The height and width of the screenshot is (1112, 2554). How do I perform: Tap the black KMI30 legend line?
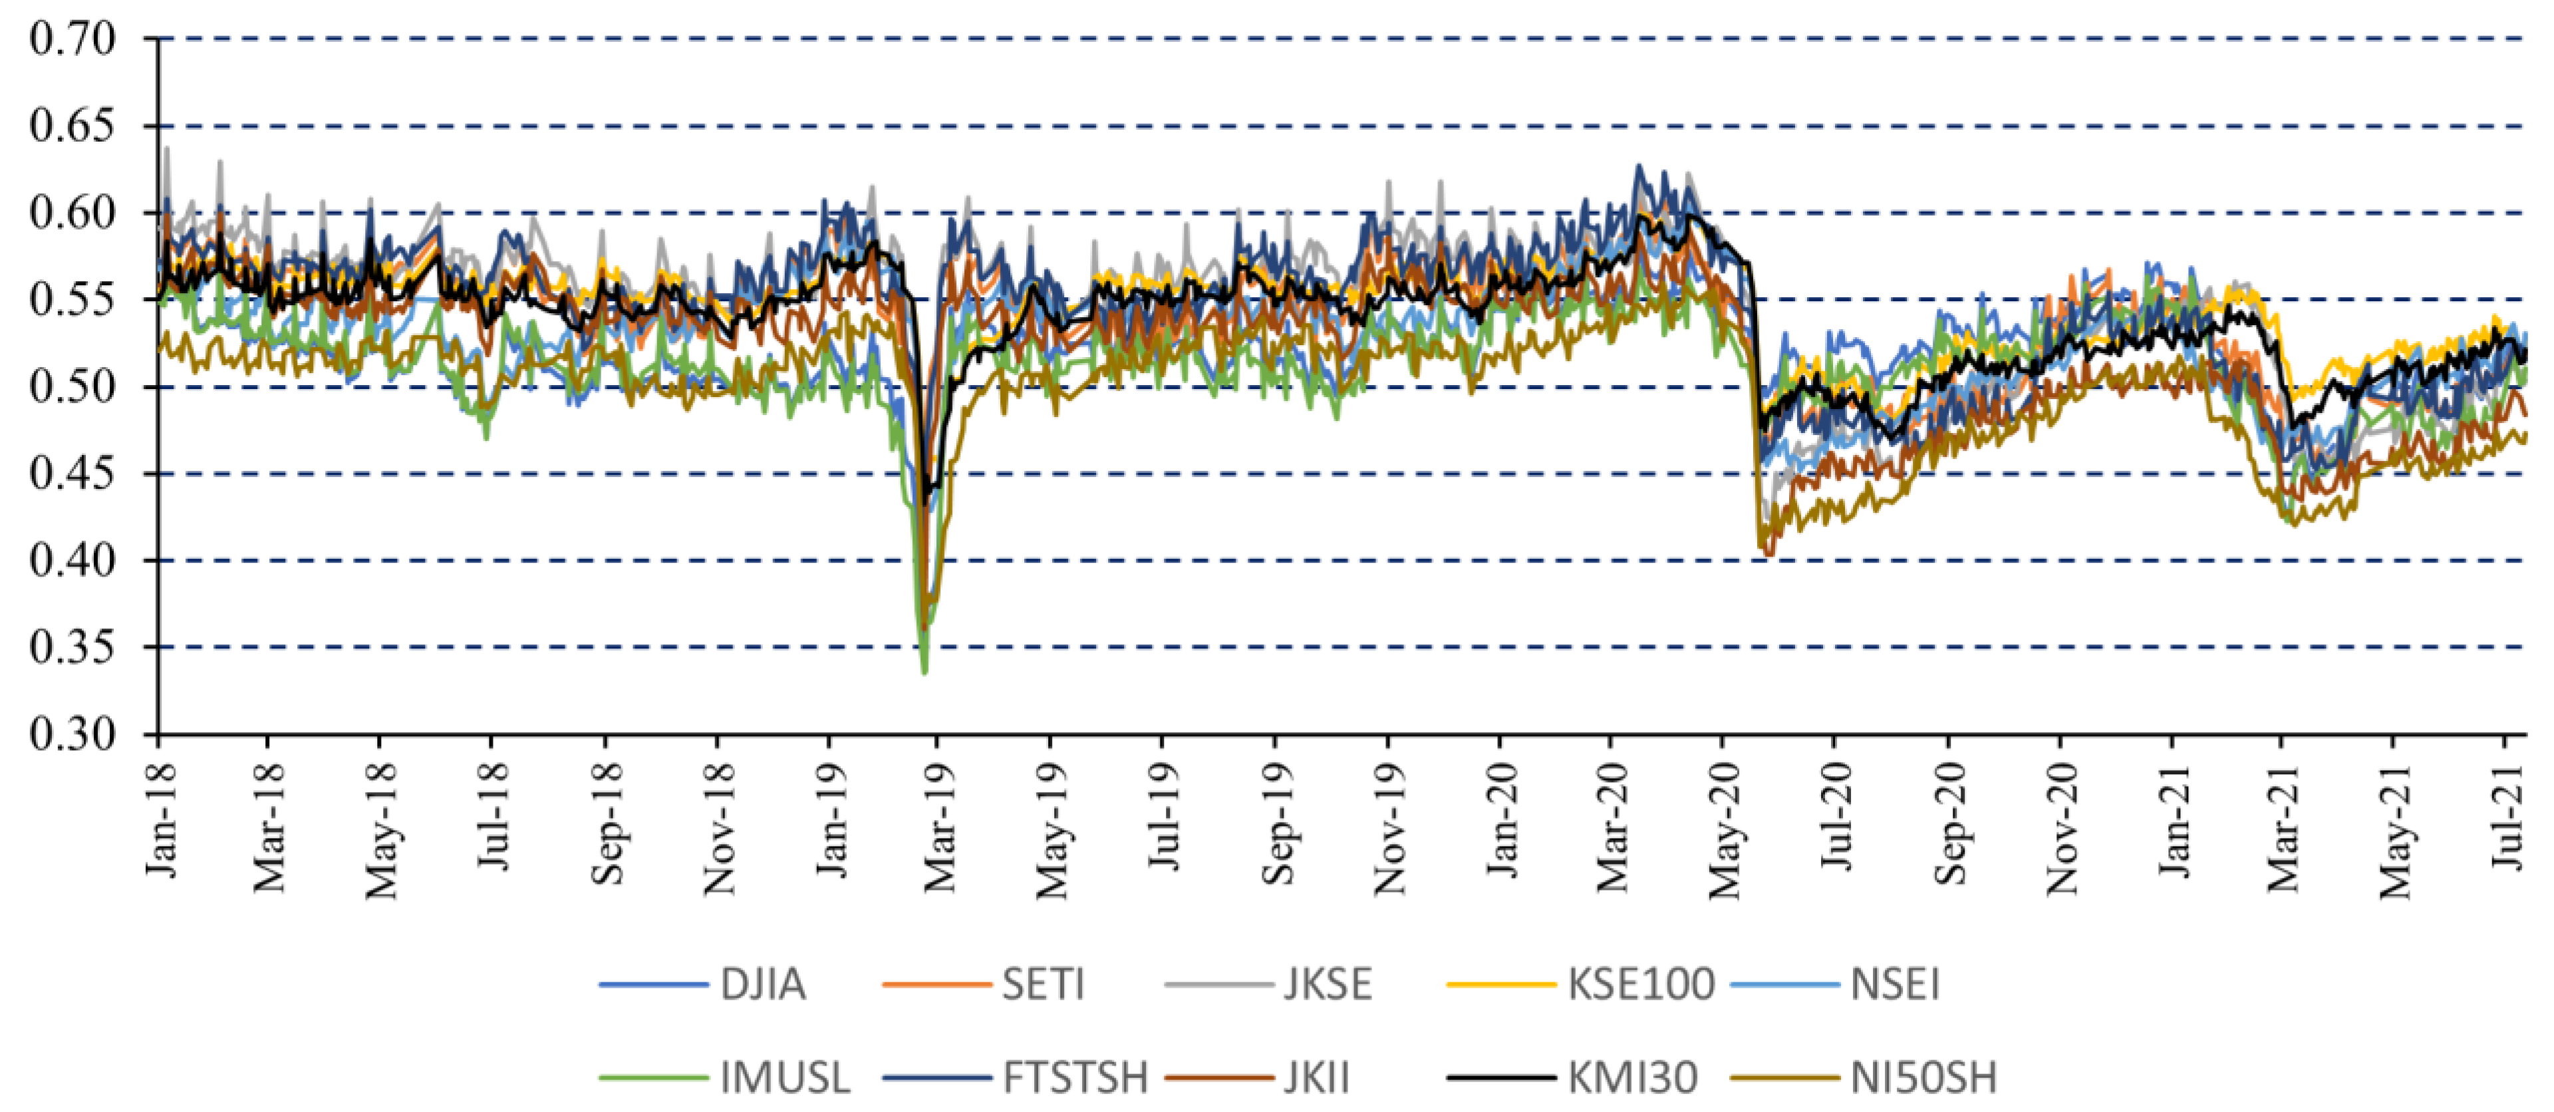point(1501,1077)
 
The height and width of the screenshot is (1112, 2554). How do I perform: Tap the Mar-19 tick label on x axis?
point(938,827)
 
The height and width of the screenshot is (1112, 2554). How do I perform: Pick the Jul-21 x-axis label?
point(2507,817)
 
